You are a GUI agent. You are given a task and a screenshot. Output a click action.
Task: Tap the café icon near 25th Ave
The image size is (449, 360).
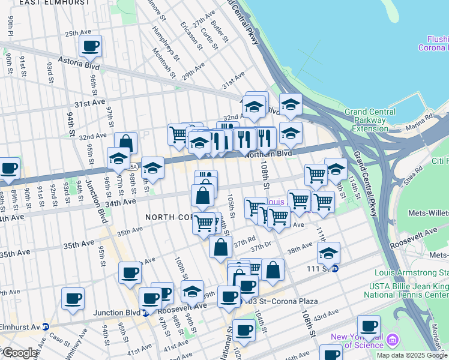(91, 46)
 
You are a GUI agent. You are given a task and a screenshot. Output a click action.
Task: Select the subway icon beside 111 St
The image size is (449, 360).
(337, 268)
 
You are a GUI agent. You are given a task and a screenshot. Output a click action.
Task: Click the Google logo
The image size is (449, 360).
(20, 353)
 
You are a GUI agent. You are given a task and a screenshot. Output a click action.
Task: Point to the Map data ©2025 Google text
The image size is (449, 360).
(412, 355)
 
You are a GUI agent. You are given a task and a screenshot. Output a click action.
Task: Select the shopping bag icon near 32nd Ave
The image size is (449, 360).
(125, 143)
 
